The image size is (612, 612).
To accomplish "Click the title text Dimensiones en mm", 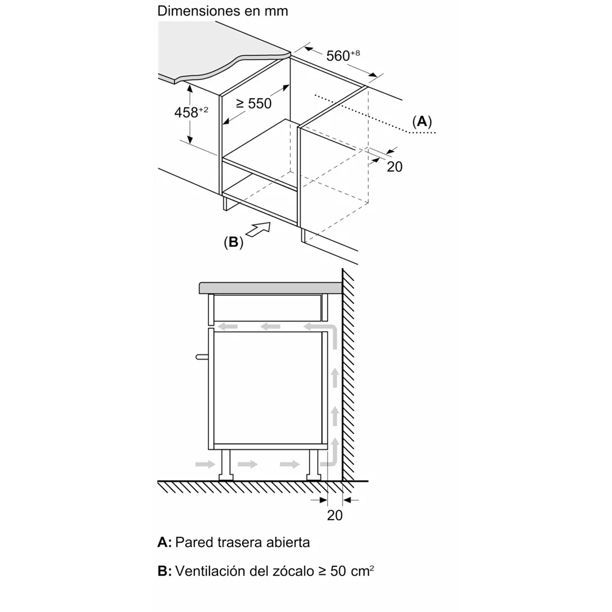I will [x=222, y=11].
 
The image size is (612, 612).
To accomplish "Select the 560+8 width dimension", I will [x=343, y=55].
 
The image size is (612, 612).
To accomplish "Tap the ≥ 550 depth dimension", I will [x=254, y=103].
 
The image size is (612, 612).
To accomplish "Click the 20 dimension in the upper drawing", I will [x=394, y=167].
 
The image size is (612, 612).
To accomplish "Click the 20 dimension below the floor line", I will [x=334, y=515].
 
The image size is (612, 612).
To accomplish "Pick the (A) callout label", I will [x=422, y=121].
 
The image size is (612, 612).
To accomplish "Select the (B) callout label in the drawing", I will [x=234, y=242].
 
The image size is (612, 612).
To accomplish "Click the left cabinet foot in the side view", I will [x=225, y=465].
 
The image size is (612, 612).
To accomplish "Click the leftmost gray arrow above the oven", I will [x=229, y=326].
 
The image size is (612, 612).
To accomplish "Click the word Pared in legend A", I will [x=194, y=542].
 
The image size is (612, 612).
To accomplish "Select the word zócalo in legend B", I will [x=287, y=571].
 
